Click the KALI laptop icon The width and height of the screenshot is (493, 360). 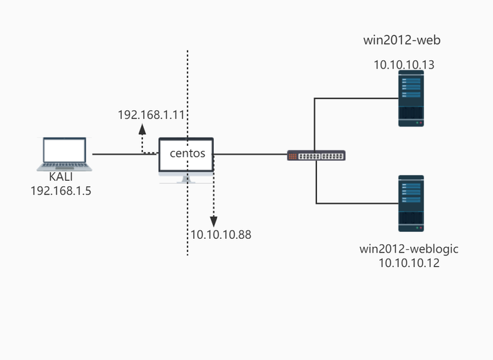[x=64, y=154]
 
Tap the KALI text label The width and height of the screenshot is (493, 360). [x=61, y=177]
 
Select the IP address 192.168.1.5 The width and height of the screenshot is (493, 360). [x=61, y=191]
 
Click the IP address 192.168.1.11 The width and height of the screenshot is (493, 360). [x=151, y=115]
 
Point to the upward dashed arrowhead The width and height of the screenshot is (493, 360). [x=142, y=129]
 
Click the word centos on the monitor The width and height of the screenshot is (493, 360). [x=188, y=153]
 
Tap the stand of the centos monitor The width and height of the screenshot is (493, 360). [x=186, y=180]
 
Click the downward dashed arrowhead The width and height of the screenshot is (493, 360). [x=214, y=222]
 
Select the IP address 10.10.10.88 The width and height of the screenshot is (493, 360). [x=221, y=235]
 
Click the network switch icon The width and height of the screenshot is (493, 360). [x=316, y=156]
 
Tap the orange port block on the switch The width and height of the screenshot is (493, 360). [x=293, y=156]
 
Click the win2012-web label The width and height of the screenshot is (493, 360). [x=402, y=40]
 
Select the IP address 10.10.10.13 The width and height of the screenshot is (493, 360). [x=404, y=65]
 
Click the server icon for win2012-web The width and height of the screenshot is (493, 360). [x=411, y=99]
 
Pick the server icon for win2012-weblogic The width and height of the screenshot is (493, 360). [x=411, y=203]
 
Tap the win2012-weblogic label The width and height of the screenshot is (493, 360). [x=409, y=249]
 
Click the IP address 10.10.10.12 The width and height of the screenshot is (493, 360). [x=409, y=263]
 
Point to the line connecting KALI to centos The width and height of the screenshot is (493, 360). [x=126, y=154]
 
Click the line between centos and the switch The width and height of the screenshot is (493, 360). [x=251, y=154]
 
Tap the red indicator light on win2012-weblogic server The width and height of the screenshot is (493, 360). [x=421, y=227]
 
